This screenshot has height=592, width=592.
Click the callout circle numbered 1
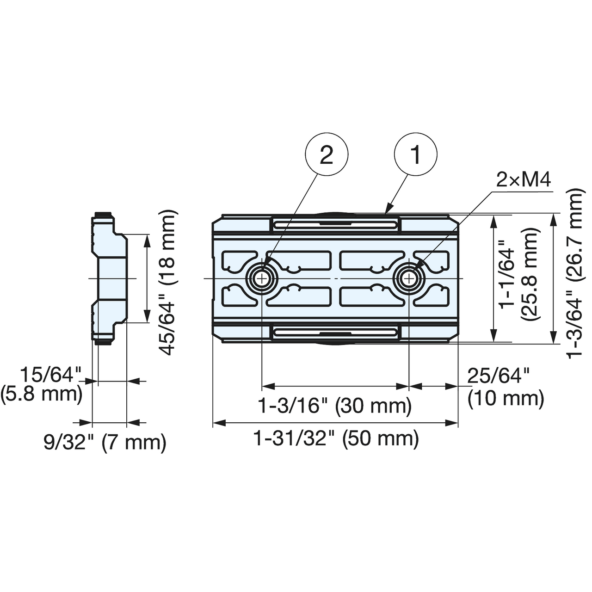coord(415,154)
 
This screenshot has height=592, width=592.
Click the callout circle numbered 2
coord(327,154)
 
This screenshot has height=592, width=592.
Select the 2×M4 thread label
coord(524,179)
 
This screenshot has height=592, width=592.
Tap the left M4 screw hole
coord(262,278)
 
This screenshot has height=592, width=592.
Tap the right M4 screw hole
coord(409,278)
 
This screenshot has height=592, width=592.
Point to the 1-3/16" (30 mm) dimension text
coord(334,406)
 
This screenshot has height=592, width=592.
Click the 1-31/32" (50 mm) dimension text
coord(336,438)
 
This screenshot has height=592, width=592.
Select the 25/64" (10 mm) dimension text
coord(505,388)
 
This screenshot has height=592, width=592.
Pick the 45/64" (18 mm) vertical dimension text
coord(167,282)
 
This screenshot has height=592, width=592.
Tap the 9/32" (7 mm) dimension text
coord(105,443)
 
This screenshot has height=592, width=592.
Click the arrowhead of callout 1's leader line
coord(388,211)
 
